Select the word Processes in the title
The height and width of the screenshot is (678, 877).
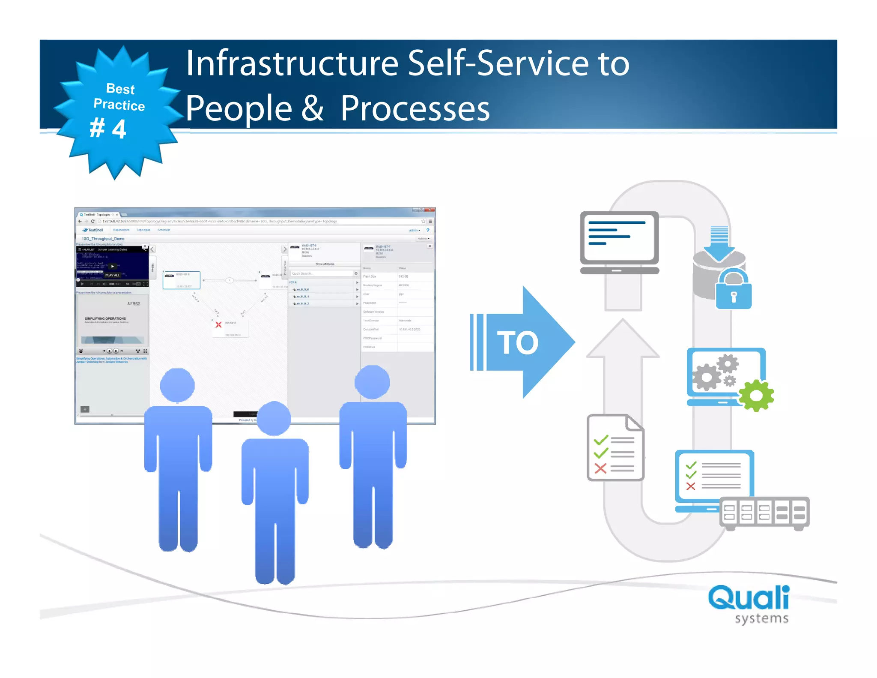415,109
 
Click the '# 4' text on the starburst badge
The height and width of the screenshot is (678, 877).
108,128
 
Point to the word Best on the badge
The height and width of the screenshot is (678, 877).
120,89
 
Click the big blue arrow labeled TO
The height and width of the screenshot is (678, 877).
522,342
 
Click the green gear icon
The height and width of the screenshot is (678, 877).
756,396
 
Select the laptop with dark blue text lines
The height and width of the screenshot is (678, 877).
619,243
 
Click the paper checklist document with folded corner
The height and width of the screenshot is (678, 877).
615,447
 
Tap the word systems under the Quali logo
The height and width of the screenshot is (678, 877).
761,618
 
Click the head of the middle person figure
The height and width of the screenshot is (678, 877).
274,418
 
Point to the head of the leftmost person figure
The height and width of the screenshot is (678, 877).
177,385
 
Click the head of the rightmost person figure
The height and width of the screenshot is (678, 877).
372,382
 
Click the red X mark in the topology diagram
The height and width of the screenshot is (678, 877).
218,324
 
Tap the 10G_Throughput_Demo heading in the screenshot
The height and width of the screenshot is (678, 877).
103,239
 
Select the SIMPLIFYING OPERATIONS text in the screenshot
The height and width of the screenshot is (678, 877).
105,318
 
